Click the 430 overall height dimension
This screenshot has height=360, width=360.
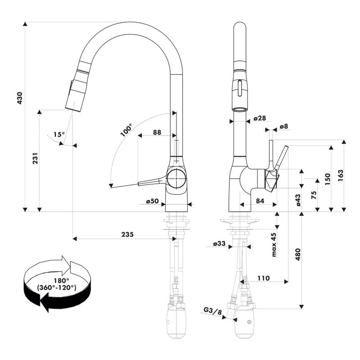click(19, 99)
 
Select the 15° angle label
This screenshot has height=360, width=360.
click(59, 134)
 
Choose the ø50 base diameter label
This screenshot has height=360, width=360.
click(153, 201)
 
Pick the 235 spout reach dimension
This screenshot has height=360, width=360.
click(127, 234)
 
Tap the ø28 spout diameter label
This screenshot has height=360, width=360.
click(260, 118)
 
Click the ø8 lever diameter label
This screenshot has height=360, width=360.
click(283, 127)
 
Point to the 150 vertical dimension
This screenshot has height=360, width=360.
click(327, 178)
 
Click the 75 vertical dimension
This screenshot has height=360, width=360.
click(314, 194)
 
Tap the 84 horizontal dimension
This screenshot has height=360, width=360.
click(260, 201)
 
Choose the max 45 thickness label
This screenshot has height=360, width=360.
click(274, 245)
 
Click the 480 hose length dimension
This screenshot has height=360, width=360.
click(297, 254)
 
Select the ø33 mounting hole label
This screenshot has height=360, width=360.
click(219, 244)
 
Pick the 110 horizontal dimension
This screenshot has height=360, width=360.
click(264, 278)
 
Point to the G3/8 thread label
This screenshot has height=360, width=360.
click(213, 310)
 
